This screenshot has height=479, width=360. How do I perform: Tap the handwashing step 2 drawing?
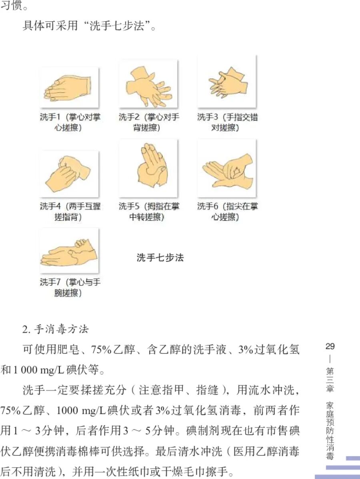[148, 85]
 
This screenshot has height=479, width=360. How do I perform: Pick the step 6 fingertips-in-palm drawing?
[227, 168]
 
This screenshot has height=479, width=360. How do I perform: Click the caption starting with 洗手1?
[70, 122]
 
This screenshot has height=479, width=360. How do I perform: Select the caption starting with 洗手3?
[227, 122]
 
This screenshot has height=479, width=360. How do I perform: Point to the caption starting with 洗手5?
[149, 212]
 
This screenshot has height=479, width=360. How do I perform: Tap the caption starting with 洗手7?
[70, 287]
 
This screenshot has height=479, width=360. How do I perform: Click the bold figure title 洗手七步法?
[160, 258]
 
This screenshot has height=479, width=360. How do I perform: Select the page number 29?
[330, 346]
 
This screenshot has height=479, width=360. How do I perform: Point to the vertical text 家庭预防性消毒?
[330, 430]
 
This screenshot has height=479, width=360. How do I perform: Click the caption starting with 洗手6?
[227, 212]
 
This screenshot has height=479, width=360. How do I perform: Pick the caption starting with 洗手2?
[149, 122]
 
